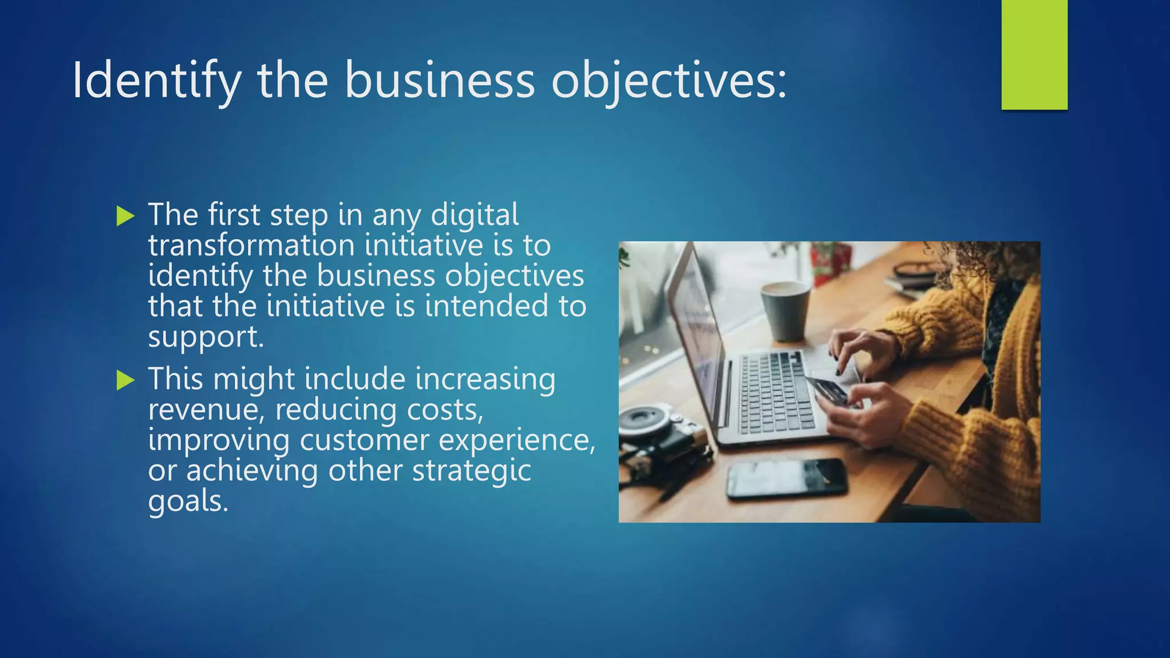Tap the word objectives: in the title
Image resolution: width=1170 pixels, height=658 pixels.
click(x=668, y=81)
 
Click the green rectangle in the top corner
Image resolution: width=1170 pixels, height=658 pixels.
click(x=1034, y=54)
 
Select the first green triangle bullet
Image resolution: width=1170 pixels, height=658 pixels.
click(x=125, y=216)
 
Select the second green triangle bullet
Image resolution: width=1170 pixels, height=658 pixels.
click(x=125, y=380)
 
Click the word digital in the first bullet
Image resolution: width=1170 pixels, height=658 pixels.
click(x=475, y=215)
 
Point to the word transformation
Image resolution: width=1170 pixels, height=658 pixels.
click(x=251, y=246)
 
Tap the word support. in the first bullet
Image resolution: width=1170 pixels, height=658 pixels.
click(x=206, y=337)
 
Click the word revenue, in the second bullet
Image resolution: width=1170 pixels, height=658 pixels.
click(x=206, y=410)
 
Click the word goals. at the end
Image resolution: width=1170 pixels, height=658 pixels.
click(x=188, y=501)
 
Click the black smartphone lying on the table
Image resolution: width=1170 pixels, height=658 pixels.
click(x=787, y=478)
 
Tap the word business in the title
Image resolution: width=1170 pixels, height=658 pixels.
click(x=439, y=81)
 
